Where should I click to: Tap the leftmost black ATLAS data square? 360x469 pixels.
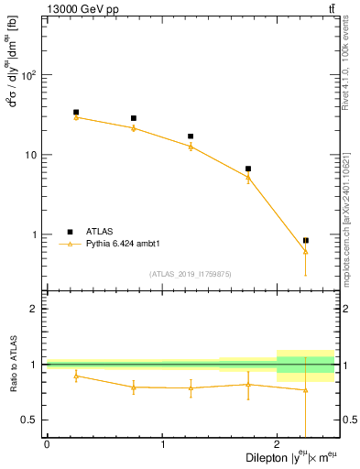pos(76,113)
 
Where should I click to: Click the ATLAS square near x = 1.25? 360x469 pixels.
pos(191,136)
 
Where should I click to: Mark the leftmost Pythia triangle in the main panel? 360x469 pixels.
pos(76,117)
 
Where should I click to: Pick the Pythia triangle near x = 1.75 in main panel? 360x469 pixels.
pos(248,177)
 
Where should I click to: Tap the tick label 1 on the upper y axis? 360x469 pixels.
pos(37,235)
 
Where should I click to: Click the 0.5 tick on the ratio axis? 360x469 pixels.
pos(30,420)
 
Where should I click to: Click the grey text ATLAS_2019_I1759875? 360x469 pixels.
pos(191,274)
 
